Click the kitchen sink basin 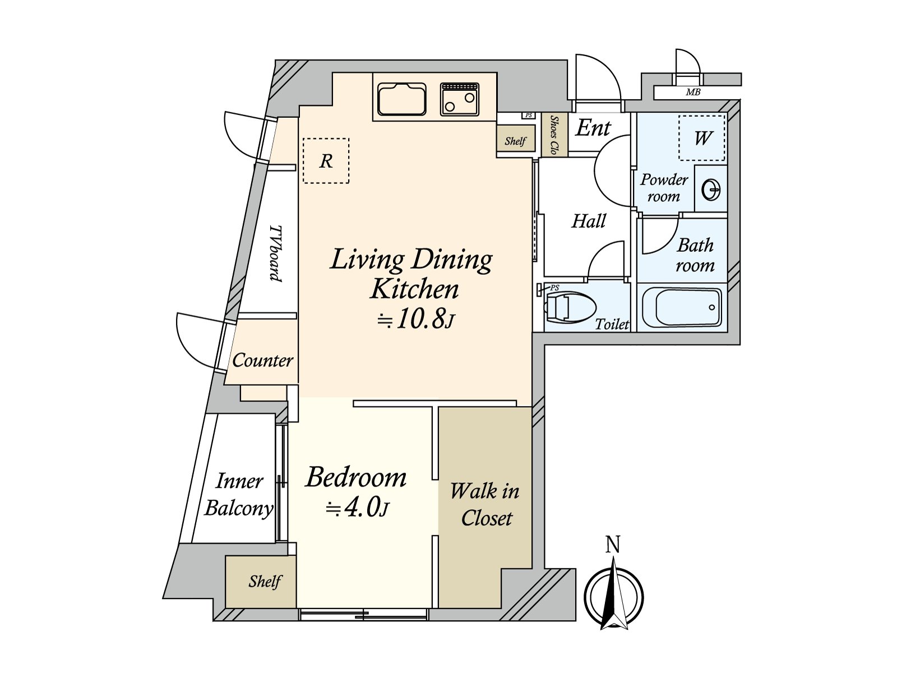click(x=402, y=99)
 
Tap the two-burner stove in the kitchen click(x=460, y=99)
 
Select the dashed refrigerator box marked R click(x=326, y=160)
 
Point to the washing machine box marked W click(x=702, y=138)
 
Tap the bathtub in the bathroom click(x=682, y=307)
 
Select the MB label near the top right click(x=693, y=93)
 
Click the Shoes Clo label click(x=554, y=135)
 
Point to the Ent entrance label click(x=593, y=128)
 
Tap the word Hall click(x=589, y=221)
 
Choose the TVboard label click(x=276, y=253)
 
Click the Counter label click(x=263, y=361)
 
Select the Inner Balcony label click(x=239, y=495)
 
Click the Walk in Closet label click(x=485, y=505)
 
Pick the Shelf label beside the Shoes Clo click(x=515, y=141)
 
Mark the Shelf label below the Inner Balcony click(x=265, y=581)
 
